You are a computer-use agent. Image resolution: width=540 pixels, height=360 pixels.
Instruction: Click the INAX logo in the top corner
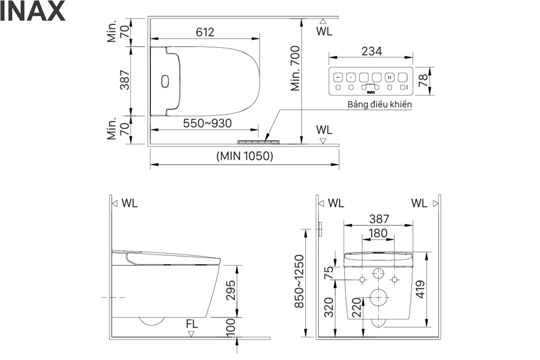point(32,11)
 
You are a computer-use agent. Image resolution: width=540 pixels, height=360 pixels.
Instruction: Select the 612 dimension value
point(205,32)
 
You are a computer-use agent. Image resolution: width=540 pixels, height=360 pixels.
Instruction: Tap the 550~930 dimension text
point(207,123)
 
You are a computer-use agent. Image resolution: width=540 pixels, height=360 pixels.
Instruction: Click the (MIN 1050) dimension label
point(245,156)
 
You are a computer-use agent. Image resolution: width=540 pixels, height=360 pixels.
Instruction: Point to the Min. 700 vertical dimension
point(295,68)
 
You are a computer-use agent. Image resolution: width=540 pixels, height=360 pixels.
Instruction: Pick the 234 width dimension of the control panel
point(372,51)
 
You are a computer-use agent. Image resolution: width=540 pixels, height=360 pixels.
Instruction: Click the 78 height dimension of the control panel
point(423,81)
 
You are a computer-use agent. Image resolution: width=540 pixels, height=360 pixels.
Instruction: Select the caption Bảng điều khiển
point(380,104)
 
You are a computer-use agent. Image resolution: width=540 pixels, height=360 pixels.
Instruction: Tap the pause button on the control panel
point(390,78)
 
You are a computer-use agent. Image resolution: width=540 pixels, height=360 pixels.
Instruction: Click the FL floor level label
point(192,324)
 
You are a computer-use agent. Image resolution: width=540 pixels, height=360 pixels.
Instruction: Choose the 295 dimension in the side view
point(231,290)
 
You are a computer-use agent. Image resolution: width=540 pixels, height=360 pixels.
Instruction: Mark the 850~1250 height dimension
point(299,281)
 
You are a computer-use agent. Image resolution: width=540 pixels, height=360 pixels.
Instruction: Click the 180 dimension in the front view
point(378,234)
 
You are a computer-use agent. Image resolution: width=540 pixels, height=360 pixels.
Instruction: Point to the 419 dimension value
point(420,289)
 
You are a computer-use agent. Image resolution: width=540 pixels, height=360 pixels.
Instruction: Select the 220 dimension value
point(356,307)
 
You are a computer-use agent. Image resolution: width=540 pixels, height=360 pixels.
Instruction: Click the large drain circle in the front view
point(378,297)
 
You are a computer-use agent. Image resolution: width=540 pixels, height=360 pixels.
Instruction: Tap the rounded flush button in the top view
point(165,81)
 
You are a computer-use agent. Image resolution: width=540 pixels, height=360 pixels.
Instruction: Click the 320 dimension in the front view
point(328,307)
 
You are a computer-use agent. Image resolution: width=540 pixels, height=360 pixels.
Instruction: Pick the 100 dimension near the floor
point(231,328)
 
